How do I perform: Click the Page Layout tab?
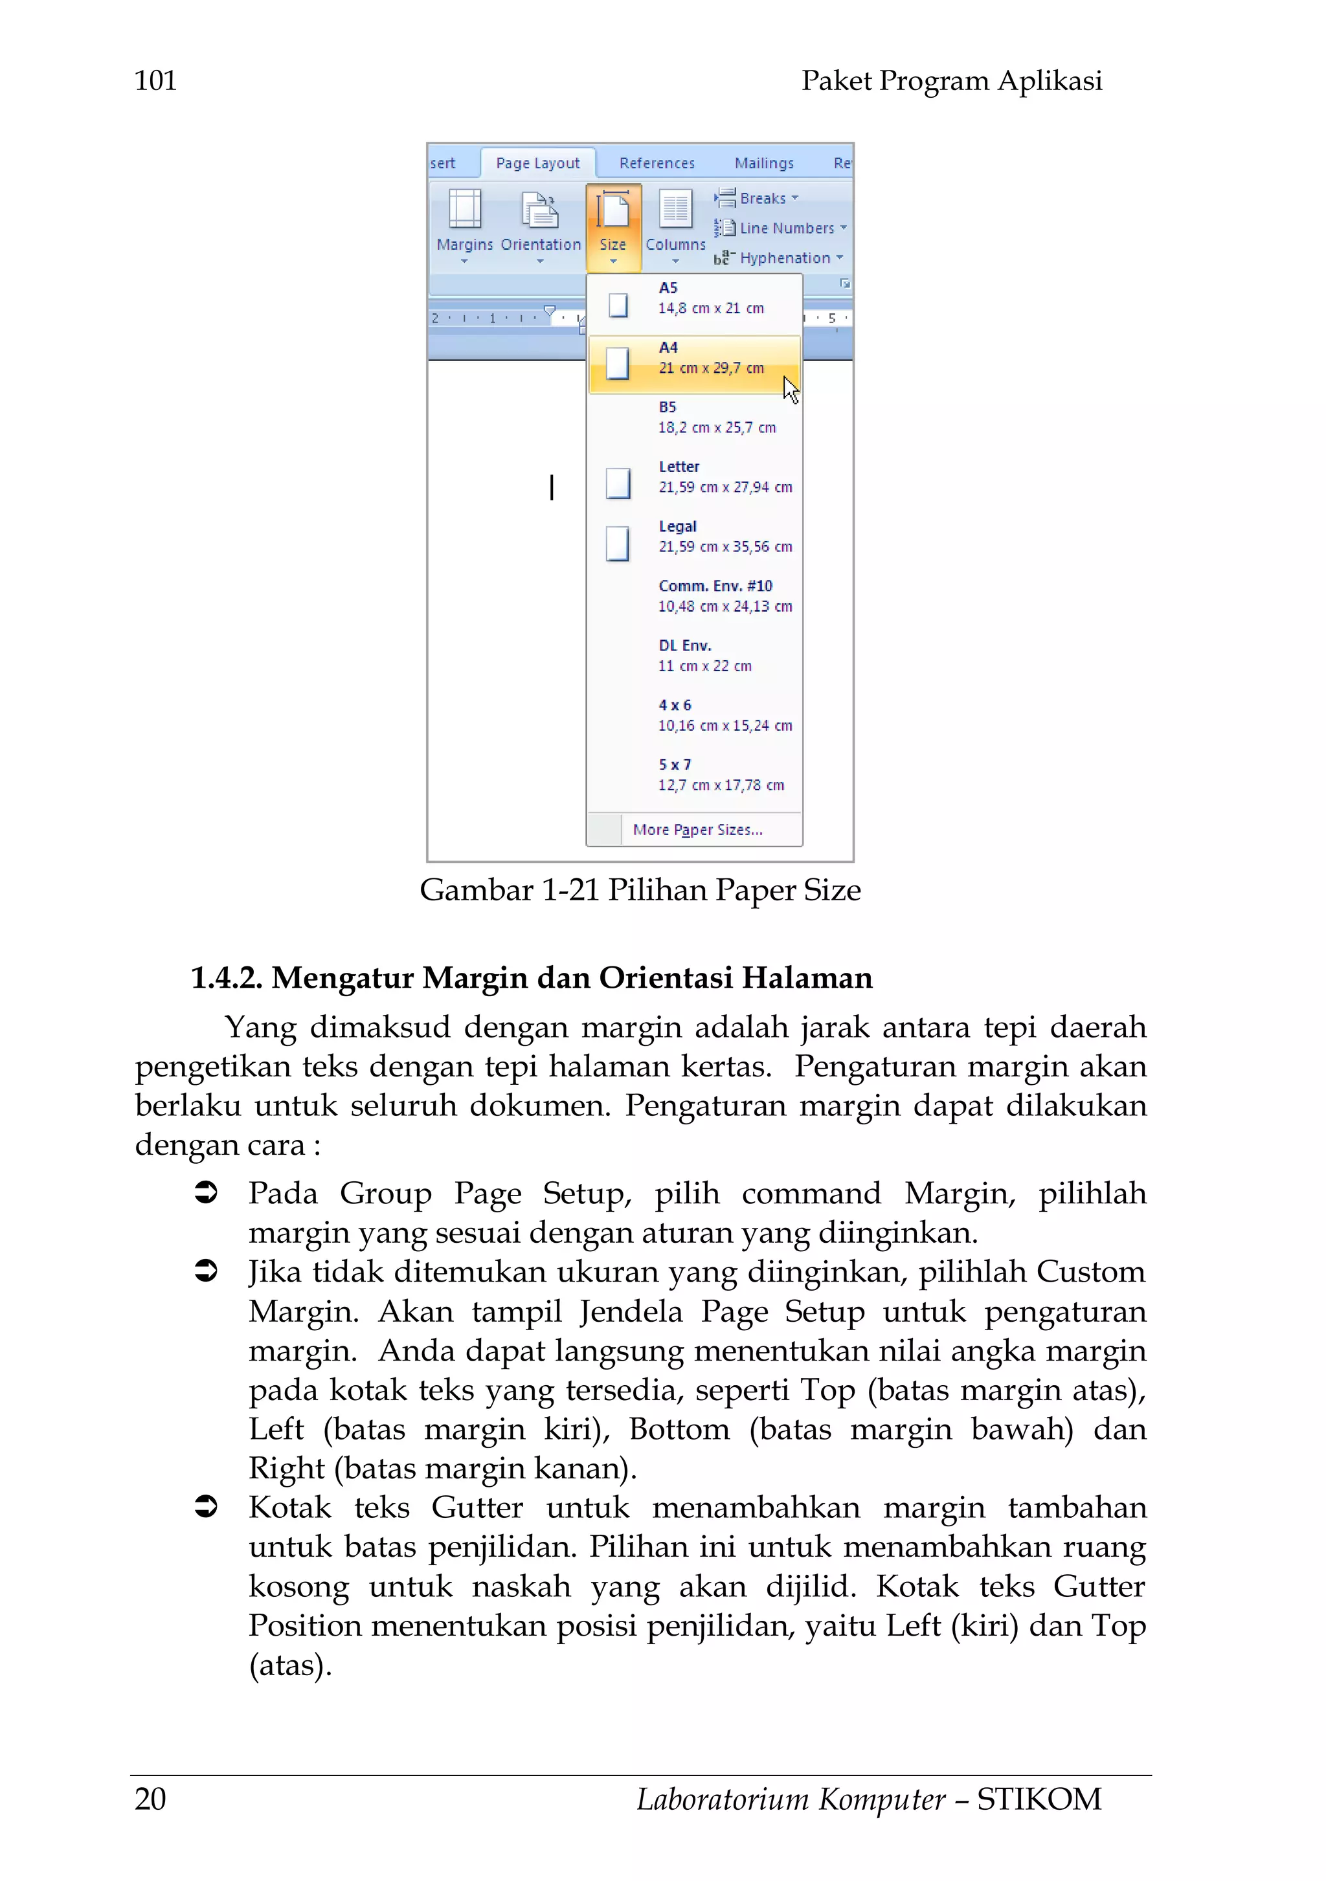pyautogui.click(x=537, y=163)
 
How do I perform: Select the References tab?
pyautogui.click(x=657, y=163)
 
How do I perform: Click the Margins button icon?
pyautogui.click(x=465, y=210)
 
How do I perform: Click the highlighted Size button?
pyautogui.click(x=613, y=226)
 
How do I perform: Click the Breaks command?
pyautogui.click(x=756, y=198)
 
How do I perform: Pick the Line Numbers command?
pyautogui.click(x=780, y=228)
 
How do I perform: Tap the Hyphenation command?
pyautogui.click(x=777, y=258)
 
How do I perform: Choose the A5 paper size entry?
pyautogui.click(x=695, y=299)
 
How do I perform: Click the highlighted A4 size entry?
pyautogui.click(x=695, y=359)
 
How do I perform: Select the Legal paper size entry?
pyautogui.click(x=695, y=537)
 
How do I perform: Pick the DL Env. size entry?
pyautogui.click(x=695, y=656)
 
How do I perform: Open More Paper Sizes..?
pyautogui.click(x=697, y=830)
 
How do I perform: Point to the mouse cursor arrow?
pyautogui.click(x=789, y=389)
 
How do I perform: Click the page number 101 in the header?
pyautogui.click(x=155, y=81)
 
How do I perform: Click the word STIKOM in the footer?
pyautogui.click(x=1039, y=1799)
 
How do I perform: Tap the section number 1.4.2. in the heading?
pyautogui.click(x=226, y=978)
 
